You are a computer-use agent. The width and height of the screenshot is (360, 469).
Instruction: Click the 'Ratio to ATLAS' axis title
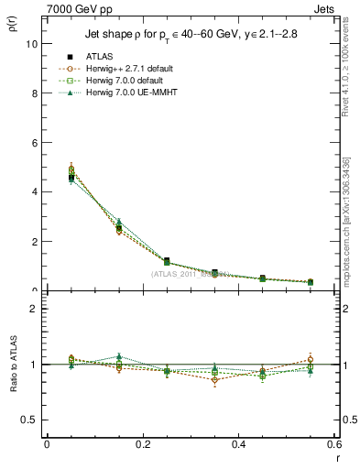click(x=12, y=365)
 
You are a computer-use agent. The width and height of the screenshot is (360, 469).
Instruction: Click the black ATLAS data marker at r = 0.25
click(x=166, y=261)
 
